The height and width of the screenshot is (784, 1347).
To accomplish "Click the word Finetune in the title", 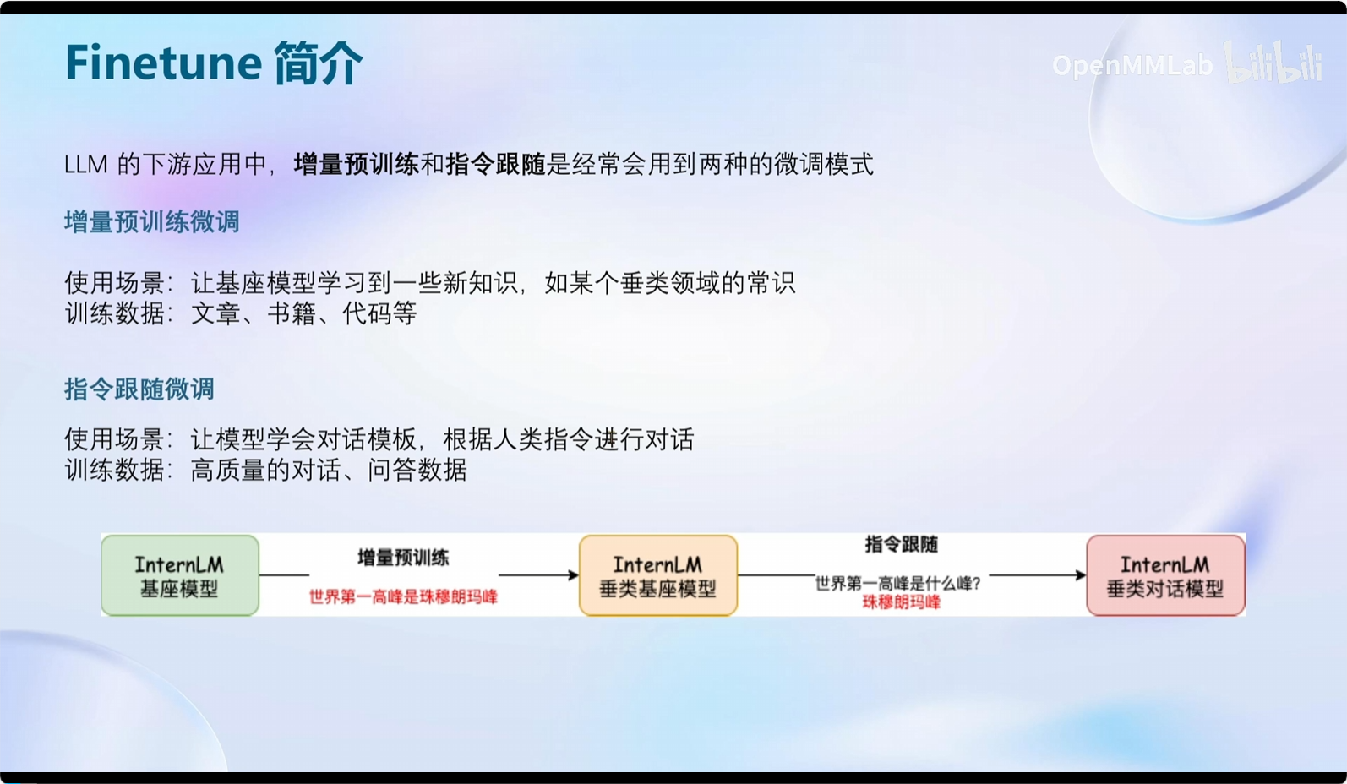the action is (x=164, y=63).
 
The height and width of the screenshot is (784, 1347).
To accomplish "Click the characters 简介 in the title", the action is (x=319, y=63).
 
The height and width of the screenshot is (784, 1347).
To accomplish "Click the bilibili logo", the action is (x=1273, y=62).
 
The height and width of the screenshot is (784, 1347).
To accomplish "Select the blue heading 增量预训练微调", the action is (x=152, y=222).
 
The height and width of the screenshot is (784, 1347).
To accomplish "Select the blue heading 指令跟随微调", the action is (x=139, y=389).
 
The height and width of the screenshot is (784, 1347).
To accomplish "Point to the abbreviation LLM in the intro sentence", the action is (x=86, y=165).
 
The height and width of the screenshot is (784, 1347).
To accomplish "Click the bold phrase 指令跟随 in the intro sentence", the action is (x=495, y=164).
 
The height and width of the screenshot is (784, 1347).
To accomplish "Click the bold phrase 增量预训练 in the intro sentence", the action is (x=357, y=164).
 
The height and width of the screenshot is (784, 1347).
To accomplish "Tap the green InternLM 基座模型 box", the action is (x=180, y=575).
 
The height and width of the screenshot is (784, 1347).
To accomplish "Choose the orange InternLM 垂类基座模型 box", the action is (x=657, y=575).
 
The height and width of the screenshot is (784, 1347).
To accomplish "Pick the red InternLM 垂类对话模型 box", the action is (x=1165, y=575).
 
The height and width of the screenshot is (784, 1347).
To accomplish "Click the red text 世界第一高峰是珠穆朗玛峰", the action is (x=403, y=597).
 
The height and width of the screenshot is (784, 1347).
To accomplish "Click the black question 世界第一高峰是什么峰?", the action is (x=898, y=583).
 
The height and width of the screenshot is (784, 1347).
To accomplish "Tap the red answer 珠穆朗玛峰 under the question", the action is (x=902, y=602).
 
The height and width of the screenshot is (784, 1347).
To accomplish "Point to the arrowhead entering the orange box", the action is (x=574, y=575).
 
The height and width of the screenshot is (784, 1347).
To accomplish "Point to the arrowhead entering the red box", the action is (x=1081, y=575).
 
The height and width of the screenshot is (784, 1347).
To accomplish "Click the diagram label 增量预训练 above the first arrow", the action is (x=403, y=558).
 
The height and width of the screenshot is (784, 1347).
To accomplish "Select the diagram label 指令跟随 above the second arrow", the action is (x=902, y=544).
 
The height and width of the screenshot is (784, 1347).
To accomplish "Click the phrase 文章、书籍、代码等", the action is (x=303, y=313).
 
